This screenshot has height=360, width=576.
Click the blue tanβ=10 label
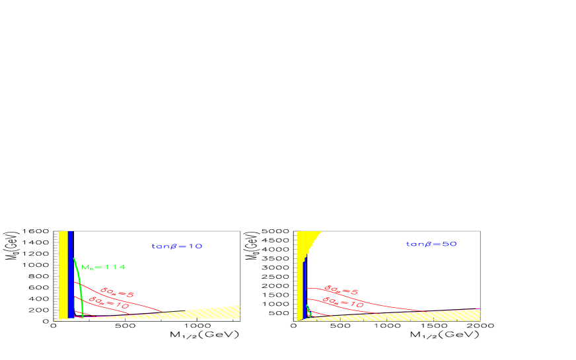coord(176,246)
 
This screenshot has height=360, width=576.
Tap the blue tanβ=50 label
coord(431,244)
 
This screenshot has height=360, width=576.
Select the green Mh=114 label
coord(103,268)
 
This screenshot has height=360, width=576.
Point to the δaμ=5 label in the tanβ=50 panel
coord(340,290)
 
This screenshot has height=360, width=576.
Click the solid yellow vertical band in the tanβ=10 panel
coord(63,274)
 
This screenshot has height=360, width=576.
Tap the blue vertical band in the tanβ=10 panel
coord(70,274)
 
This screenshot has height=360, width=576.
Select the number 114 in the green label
coord(116,268)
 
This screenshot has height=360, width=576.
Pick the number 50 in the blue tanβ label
coord(450,244)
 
